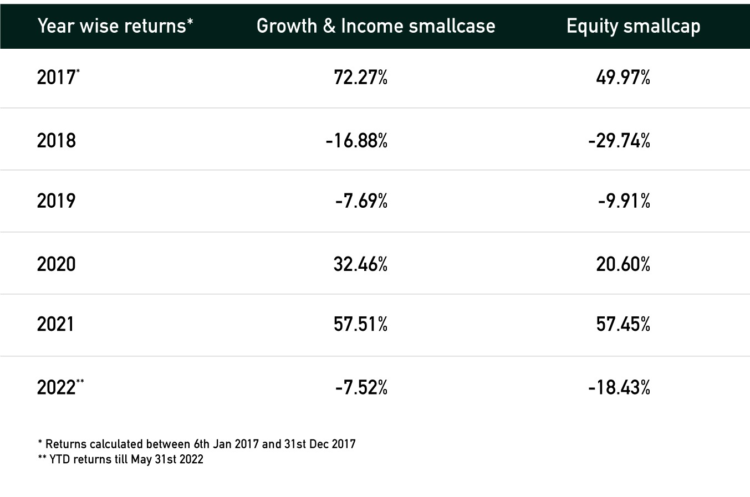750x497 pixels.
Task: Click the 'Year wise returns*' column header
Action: coord(115,26)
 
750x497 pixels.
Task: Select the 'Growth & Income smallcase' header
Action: coord(376,26)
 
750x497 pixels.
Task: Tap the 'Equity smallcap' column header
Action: coord(633,27)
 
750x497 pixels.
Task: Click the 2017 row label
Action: coord(58,77)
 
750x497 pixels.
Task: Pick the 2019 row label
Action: coord(56,201)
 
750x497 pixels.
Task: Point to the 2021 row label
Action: coord(55,324)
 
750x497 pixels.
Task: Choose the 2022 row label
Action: coord(60,387)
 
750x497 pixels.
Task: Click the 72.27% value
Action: coord(361,78)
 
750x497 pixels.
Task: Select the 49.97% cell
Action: coord(623,78)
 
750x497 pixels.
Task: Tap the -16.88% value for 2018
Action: coord(356,141)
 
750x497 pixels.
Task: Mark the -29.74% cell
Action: coord(619,141)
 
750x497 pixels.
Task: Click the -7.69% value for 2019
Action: coord(361,201)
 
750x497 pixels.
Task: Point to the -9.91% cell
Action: coord(624,201)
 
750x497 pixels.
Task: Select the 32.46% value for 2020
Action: coord(361,264)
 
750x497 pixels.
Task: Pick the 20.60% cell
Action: coord(623,264)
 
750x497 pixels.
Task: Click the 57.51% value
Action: coord(361,324)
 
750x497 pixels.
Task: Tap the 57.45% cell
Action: coord(623,324)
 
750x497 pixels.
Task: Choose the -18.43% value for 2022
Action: coord(619,387)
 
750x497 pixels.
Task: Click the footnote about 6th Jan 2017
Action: coord(197,444)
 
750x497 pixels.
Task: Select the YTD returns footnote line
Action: coord(120,459)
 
